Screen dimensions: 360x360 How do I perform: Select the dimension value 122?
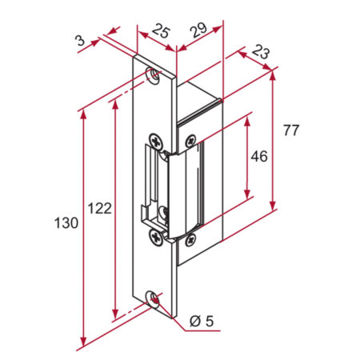point(99,208)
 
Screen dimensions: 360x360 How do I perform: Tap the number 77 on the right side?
point(290,129)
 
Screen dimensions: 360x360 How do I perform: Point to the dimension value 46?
point(258,156)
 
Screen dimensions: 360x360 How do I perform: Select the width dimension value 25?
point(160,32)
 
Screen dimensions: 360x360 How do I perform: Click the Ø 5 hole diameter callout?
point(202,322)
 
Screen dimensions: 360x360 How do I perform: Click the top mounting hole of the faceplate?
point(153,75)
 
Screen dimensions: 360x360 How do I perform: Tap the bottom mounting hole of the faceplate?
point(154,299)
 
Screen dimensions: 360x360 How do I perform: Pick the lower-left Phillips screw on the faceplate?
point(156,234)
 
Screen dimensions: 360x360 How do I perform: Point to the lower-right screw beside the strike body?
point(189,238)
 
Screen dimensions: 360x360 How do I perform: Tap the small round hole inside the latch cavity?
point(163,212)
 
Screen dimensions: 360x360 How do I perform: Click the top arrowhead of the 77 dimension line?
point(274,74)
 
